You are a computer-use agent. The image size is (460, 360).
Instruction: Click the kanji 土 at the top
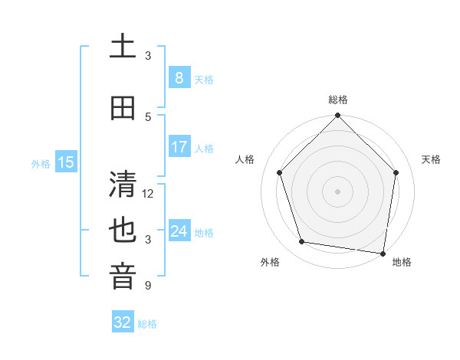pyautogui.click(x=123, y=46)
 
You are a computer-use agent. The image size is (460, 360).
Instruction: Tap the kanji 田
pyautogui.click(x=123, y=108)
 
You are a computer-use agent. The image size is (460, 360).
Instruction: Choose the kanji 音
pyautogui.click(x=123, y=277)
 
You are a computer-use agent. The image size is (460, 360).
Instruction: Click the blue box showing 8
pyautogui.click(x=179, y=77)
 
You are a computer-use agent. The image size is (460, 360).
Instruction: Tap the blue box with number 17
pyautogui.click(x=179, y=147)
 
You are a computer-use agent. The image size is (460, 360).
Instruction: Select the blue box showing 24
pyautogui.click(x=179, y=231)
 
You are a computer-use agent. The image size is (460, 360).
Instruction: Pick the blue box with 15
pyautogui.click(x=66, y=162)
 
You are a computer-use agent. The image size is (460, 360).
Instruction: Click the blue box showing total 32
pyautogui.click(x=123, y=322)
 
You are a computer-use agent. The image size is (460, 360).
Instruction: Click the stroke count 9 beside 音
pyautogui.click(x=148, y=286)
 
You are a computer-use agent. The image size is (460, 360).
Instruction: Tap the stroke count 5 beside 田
pyautogui.click(x=148, y=117)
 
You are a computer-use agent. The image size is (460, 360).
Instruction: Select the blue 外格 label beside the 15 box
pyautogui.click(x=41, y=163)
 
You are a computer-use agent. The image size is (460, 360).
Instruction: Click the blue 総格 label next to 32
pyautogui.click(x=147, y=324)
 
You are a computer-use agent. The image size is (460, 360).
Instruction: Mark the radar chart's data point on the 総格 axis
pyautogui.click(x=337, y=116)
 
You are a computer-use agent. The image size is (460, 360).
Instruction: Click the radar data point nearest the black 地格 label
pyautogui.click(x=383, y=253)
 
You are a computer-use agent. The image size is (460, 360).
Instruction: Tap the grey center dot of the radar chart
pyautogui.click(x=337, y=191)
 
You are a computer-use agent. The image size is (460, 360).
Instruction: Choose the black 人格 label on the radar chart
pyautogui.click(x=245, y=159)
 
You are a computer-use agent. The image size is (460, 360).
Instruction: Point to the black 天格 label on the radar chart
pyautogui.click(x=431, y=159)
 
